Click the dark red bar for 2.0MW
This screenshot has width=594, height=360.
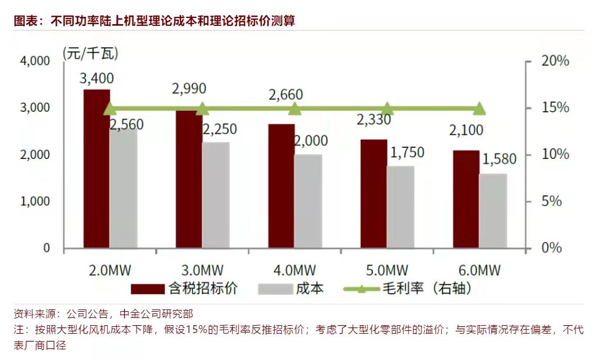point(97,168)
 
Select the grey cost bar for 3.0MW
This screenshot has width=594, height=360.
point(216,195)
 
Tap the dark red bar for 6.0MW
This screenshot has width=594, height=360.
point(466,199)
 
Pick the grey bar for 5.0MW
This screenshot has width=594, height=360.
point(400,207)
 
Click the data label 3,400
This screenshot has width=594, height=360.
point(97,78)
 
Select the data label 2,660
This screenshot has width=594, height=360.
point(285,95)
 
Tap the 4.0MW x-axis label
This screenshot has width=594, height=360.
point(294,269)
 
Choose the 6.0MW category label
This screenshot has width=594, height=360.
point(479,269)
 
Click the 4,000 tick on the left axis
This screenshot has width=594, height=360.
point(35,61)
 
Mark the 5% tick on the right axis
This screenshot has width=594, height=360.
point(551,201)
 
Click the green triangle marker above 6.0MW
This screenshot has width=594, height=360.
point(479,108)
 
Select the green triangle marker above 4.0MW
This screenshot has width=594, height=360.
point(294,108)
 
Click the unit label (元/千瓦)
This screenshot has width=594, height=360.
point(90,53)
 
